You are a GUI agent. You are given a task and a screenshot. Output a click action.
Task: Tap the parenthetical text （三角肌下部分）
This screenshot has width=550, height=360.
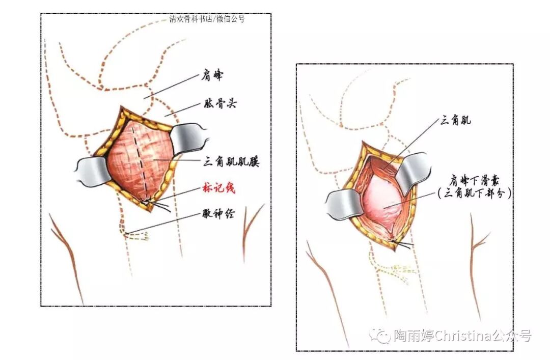pos(472,193)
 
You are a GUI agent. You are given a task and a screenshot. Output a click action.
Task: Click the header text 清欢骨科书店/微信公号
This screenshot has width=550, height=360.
pos(207,19)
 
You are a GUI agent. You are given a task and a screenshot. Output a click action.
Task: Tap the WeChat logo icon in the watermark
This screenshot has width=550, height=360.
pos(381,335)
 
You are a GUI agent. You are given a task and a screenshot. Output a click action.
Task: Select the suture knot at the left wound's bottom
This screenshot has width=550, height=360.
pos(147,203)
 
